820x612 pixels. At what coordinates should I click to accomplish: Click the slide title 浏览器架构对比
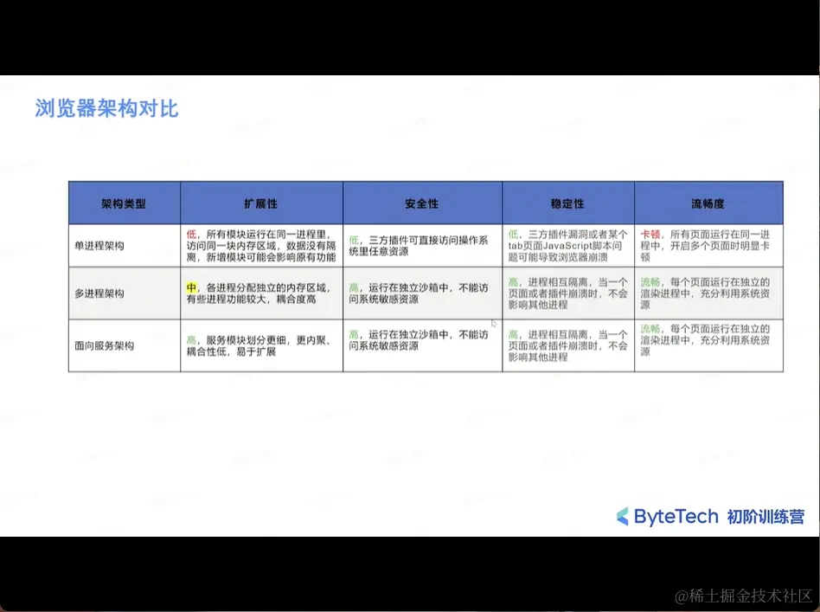(x=106, y=109)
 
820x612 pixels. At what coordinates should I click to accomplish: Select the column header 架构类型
(x=124, y=203)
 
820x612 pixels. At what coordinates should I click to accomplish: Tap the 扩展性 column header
(x=260, y=203)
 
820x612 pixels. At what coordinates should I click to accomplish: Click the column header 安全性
(x=421, y=203)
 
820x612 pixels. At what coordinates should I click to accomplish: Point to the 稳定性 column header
(x=567, y=203)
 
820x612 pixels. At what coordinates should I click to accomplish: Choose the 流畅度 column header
(x=708, y=203)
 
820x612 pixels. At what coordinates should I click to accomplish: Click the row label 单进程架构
(x=99, y=246)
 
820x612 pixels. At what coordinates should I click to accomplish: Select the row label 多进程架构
(x=99, y=293)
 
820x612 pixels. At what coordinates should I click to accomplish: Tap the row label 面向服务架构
(x=105, y=345)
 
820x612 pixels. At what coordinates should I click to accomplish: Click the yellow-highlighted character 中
(x=191, y=287)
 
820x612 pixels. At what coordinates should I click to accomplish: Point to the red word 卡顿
(x=650, y=235)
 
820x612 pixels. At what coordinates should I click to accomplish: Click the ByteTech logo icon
(x=623, y=517)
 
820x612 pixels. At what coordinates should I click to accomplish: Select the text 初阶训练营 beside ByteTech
(x=766, y=517)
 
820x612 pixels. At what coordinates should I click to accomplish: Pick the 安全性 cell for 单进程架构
(x=421, y=246)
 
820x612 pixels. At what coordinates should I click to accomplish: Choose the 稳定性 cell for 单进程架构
(x=567, y=246)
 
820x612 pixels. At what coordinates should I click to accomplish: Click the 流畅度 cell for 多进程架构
(x=708, y=293)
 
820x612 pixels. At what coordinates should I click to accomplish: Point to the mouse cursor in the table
(x=495, y=323)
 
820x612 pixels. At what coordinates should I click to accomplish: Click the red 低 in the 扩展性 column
(x=191, y=235)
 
